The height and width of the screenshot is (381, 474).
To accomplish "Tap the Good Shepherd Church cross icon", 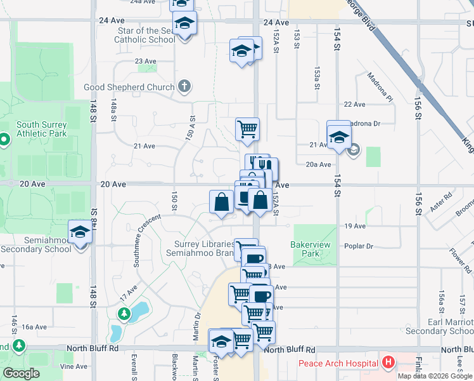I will [x=184, y=86].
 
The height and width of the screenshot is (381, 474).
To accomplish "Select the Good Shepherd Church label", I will [x=130, y=87].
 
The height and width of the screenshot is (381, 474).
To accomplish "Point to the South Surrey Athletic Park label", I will [x=42, y=130].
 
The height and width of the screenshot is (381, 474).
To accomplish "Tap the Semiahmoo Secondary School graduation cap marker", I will [x=80, y=232].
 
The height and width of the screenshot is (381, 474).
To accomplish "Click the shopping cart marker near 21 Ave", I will [x=247, y=129].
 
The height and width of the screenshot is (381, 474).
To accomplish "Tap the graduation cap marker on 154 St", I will [x=339, y=137].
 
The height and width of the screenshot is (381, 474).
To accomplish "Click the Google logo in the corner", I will [x=22, y=373].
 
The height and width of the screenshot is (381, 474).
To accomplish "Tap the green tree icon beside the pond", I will [x=124, y=313].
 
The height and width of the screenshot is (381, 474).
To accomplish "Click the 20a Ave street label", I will [x=318, y=164].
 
